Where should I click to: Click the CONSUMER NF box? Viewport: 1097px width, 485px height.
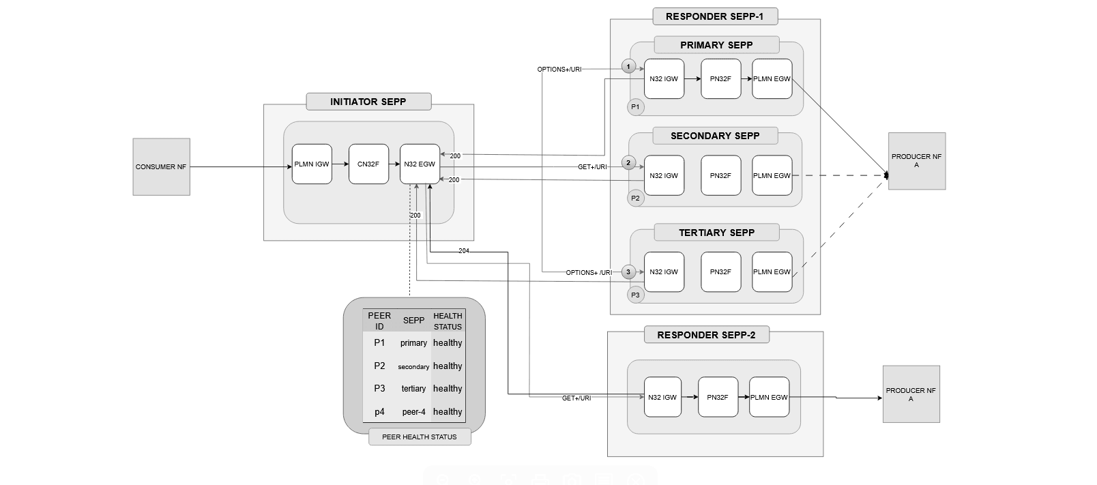pyautogui.click(x=161, y=167)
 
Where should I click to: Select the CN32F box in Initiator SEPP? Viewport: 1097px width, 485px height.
pyautogui.click(x=368, y=164)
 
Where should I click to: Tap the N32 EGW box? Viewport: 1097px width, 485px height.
pyautogui.click(x=420, y=164)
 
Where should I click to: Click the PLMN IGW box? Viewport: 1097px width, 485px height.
pyautogui.click(x=312, y=164)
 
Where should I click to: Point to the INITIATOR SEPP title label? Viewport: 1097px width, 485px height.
pyautogui.click(x=368, y=102)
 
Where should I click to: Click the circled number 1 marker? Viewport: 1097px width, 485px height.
pyautogui.click(x=629, y=66)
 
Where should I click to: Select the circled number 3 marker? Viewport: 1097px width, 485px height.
pyautogui.click(x=629, y=272)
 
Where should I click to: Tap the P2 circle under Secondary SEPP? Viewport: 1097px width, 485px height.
pyautogui.click(x=636, y=199)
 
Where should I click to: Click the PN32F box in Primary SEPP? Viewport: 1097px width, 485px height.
pyautogui.click(x=720, y=79)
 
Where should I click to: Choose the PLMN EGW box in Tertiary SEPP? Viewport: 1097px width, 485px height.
pyautogui.click(x=772, y=272)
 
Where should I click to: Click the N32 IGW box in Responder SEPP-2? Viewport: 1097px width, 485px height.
pyautogui.click(x=662, y=397)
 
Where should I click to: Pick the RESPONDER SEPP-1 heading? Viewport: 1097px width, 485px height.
pyautogui.click(x=714, y=16)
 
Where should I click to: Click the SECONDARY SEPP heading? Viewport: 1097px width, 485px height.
pyautogui.click(x=715, y=136)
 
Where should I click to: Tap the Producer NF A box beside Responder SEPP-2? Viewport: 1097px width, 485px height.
pyautogui.click(x=911, y=394)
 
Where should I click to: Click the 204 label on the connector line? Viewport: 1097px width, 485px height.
pyautogui.click(x=464, y=251)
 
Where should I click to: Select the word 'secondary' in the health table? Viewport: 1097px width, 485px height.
pyautogui.click(x=413, y=367)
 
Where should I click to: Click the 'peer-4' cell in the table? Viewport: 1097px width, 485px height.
pyautogui.click(x=413, y=412)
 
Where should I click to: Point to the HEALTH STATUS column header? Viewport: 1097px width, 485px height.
pyautogui.click(x=448, y=321)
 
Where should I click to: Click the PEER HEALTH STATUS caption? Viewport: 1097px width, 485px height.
pyautogui.click(x=420, y=437)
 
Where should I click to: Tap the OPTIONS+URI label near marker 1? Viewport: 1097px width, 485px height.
pyautogui.click(x=559, y=70)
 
